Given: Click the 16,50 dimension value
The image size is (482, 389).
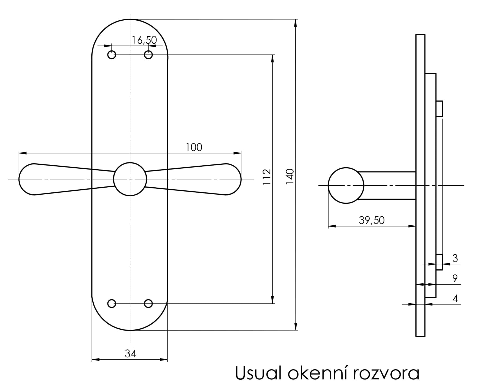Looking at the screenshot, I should pyautogui.click(x=144, y=40).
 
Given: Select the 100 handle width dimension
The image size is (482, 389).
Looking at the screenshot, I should pyautogui.click(x=194, y=147).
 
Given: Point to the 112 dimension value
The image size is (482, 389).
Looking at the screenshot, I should pyautogui.click(x=267, y=177).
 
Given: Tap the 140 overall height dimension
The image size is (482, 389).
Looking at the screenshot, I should pyautogui.click(x=290, y=177).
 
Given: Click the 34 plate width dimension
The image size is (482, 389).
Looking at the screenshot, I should pyautogui.click(x=130, y=353).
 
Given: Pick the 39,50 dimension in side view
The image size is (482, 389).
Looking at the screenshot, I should pyautogui.click(x=371, y=220).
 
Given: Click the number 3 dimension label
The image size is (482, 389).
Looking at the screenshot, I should pyautogui.click(x=455, y=258).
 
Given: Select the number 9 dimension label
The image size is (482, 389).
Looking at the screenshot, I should pyautogui.click(x=455, y=278).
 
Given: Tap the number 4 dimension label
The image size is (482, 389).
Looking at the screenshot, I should pyautogui.click(x=455, y=298).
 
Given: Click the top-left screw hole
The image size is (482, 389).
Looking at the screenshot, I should pyautogui.click(x=112, y=55).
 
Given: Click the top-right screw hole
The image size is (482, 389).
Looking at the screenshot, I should pyautogui.click(x=148, y=55).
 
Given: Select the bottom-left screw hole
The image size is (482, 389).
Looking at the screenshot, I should pyautogui.click(x=112, y=304).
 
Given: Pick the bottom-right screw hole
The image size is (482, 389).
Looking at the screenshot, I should pyautogui.click(x=148, y=304).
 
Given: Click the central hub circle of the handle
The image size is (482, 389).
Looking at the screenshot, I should pyautogui.click(x=130, y=179).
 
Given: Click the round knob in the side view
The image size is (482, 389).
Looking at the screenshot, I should pyautogui.click(x=346, y=185).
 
